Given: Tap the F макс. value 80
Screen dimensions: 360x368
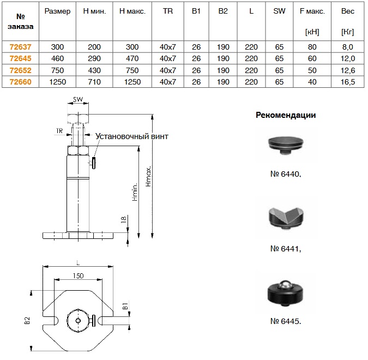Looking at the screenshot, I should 312,47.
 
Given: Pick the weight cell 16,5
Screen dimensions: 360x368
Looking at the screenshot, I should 347,82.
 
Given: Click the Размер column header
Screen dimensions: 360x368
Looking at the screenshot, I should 57,11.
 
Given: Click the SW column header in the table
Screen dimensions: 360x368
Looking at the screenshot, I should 280,11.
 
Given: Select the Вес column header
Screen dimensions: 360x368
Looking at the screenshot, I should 347,11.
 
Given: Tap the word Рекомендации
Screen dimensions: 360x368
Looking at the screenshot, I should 286,115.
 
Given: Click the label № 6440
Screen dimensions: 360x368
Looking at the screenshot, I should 285,175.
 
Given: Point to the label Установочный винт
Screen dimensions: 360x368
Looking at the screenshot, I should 132,136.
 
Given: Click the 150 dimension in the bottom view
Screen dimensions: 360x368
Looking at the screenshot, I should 78,276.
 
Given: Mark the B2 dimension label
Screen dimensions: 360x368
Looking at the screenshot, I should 27,321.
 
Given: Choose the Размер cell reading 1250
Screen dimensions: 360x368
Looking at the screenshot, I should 57,82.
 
